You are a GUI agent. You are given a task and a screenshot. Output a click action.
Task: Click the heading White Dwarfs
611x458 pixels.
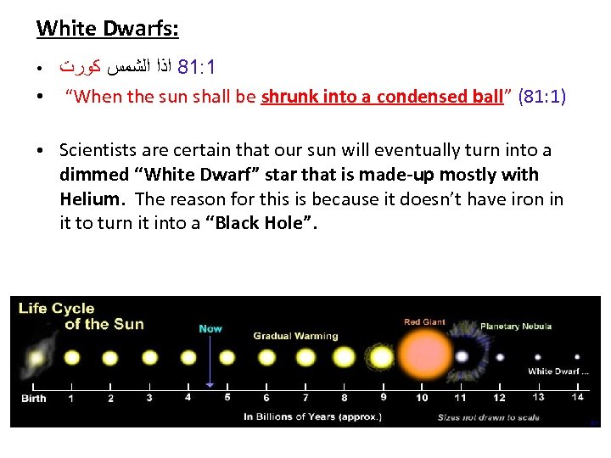[x=108, y=28]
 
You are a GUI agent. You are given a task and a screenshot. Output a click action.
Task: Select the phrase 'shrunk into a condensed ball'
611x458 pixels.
[x=382, y=97]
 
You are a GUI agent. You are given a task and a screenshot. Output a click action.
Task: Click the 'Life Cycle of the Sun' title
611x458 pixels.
[x=81, y=316]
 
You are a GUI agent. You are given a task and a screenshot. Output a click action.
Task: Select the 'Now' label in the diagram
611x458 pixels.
[x=210, y=328]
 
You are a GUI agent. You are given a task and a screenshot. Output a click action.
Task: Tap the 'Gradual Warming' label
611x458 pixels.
[x=295, y=336]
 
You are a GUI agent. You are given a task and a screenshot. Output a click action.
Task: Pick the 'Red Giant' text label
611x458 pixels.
[x=423, y=321]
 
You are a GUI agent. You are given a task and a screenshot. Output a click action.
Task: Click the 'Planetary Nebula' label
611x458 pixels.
[x=516, y=327]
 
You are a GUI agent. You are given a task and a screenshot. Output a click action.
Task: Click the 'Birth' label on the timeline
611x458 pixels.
[x=34, y=398]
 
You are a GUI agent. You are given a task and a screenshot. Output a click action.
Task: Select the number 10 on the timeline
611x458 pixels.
[x=422, y=398]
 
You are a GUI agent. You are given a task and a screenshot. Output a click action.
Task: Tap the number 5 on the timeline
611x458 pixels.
[x=227, y=397]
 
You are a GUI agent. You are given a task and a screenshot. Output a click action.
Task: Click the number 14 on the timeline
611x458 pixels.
[x=578, y=397]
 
